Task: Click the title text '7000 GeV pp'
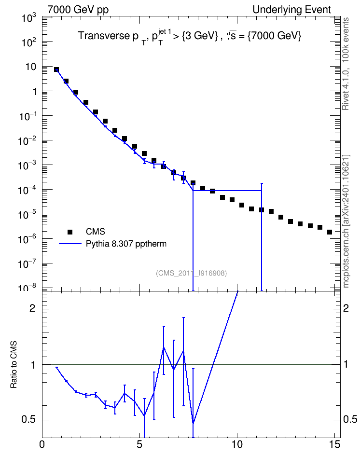(78, 10)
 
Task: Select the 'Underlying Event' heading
(292, 10)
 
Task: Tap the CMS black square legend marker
(70, 232)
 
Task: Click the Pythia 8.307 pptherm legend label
(126, 244)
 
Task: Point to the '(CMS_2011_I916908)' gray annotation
(192, 273)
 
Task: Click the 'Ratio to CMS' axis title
(14, 364)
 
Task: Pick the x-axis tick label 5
(139, 444)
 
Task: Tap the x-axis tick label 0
(42, 444)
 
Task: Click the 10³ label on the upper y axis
(29, 18)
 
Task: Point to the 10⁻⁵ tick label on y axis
(28, 214)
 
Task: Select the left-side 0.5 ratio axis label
(28, 420)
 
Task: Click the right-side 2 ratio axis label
(346, 308)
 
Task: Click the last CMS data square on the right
(330, 232)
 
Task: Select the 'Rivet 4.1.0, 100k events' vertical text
(346, 64)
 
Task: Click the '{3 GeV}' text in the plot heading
(200, 36)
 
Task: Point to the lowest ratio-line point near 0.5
(194, 424)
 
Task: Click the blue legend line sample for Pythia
(70, 244)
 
